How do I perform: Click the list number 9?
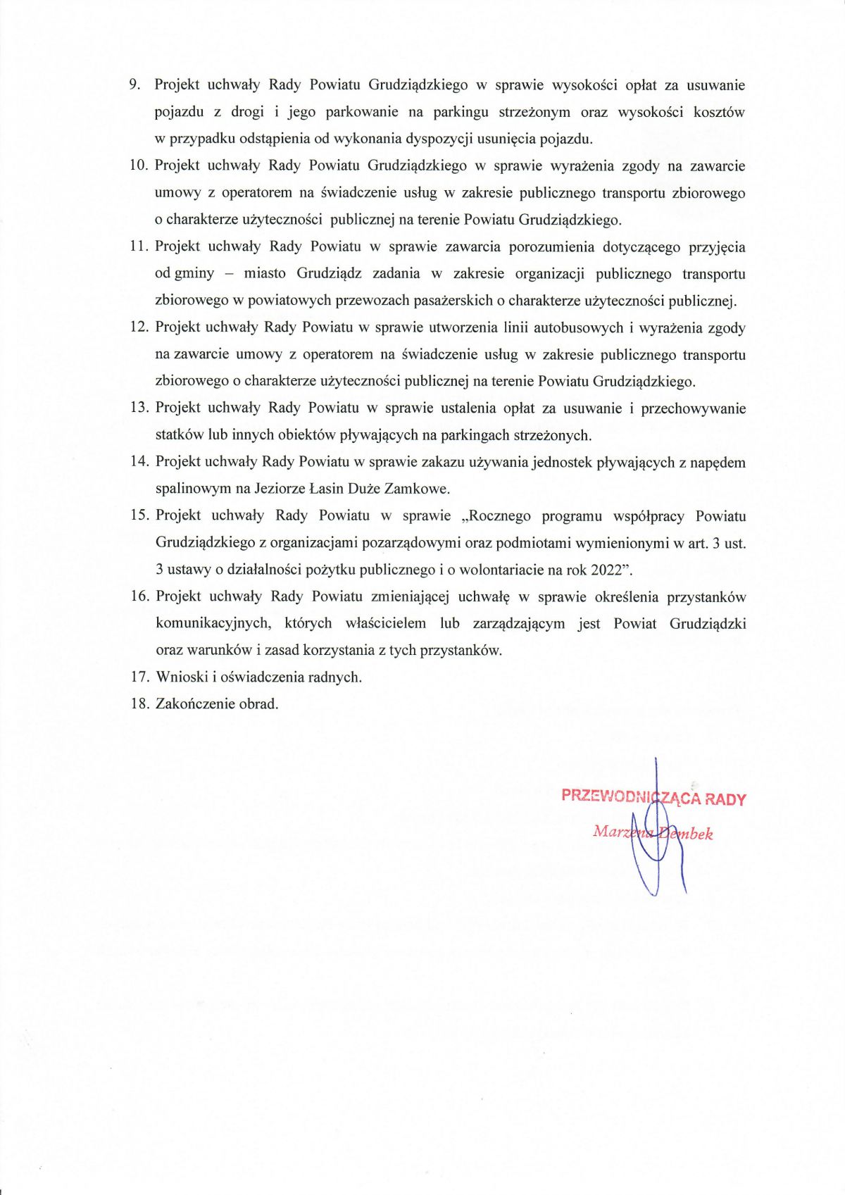[134, 85]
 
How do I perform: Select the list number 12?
[139, 327]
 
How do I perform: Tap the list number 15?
[139, 515]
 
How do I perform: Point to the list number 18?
[139, 703]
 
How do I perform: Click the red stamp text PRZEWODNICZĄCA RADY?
[653, 797]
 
